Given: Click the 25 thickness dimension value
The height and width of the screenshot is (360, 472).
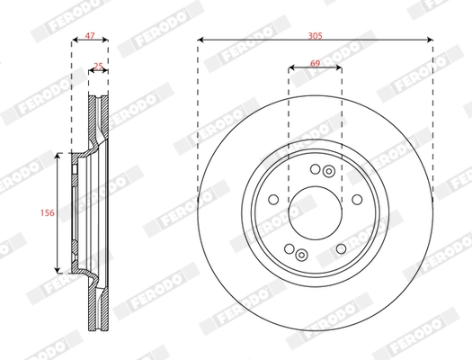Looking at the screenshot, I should click(x=99, y=65).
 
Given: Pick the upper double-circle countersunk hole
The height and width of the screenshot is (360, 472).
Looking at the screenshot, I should click(x=329, y=171).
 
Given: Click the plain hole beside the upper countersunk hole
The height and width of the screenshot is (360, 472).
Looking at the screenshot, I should click(x=315, y=168).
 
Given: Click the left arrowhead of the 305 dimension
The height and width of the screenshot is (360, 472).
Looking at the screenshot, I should click(x=200, y=40).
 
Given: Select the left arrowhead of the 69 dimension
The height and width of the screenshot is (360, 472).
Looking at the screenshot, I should click(x=291, y=68).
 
